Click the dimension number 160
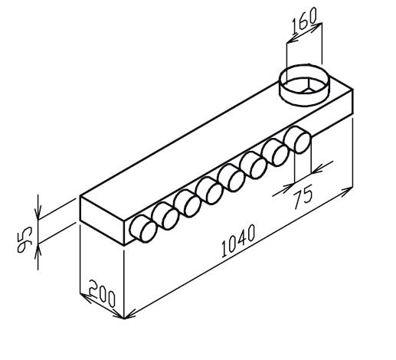point(304,21)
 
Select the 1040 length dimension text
point(238,241)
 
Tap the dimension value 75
point(303,197)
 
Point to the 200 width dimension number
point(102,293)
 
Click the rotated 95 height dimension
point(25,239)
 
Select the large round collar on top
point(304,85)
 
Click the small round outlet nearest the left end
point(143,228)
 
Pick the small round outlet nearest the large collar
point(297,140)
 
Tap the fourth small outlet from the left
point(210,191)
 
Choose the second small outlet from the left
point(165,216)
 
